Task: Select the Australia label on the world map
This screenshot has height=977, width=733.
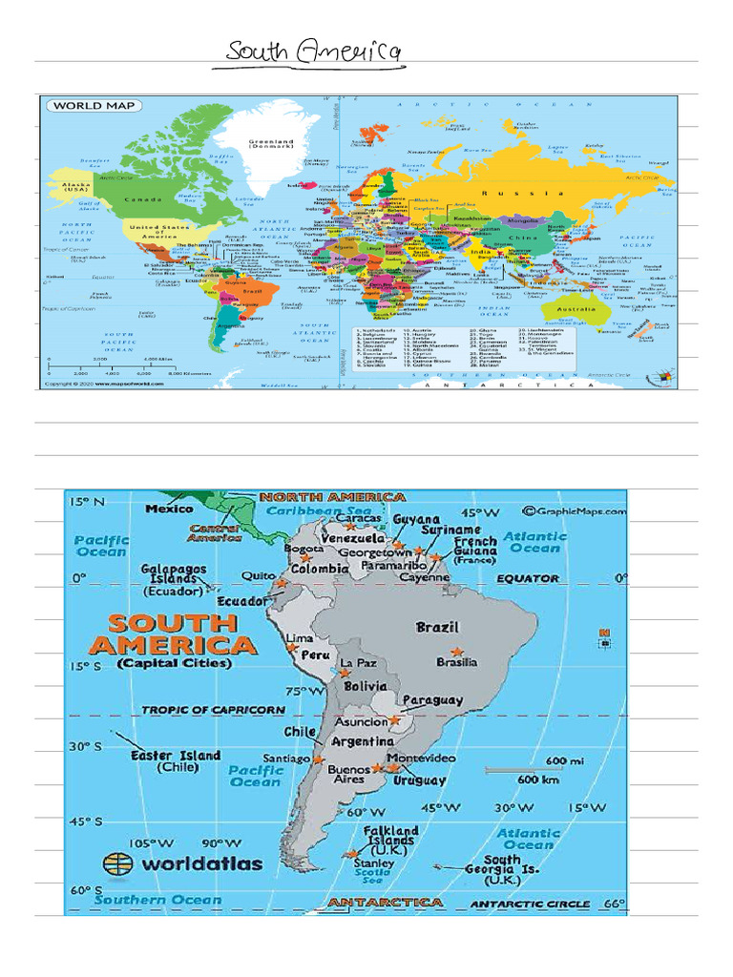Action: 577,310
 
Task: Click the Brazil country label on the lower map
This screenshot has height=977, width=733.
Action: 437,628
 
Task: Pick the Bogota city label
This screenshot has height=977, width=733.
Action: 304,550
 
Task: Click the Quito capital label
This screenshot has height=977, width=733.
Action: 258,576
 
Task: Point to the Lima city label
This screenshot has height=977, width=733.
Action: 300,637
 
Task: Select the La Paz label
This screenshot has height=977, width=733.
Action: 359,663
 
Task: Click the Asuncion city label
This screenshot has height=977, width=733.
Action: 360,722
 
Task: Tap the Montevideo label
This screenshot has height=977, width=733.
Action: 422,758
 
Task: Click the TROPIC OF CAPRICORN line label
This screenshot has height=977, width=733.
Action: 213,710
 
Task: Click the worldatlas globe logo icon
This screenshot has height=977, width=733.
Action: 116,863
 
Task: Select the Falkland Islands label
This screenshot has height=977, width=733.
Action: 390,837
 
